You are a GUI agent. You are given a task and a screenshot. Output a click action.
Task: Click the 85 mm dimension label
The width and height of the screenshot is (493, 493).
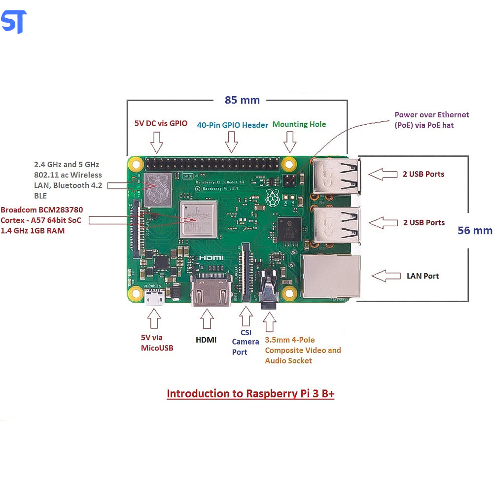coord(242,100)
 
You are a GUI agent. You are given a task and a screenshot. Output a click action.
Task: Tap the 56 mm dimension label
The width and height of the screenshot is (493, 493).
coord(474,230)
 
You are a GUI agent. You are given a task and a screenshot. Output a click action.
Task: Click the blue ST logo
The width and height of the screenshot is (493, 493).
coord(14,22)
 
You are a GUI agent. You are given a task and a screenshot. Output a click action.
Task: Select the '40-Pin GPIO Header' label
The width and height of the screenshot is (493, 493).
coord(233,125)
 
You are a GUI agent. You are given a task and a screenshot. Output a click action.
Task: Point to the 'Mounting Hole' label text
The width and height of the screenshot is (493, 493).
coord(299,124)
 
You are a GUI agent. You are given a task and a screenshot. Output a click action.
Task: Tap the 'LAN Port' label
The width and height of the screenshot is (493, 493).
coord(423,276)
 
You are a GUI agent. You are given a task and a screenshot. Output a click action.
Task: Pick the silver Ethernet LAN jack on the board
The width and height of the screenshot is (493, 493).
coord(330,276)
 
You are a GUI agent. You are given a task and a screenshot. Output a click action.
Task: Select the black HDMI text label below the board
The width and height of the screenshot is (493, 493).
coord(206,340)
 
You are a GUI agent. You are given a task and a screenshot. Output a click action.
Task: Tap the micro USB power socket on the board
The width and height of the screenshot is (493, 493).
coord(154,297)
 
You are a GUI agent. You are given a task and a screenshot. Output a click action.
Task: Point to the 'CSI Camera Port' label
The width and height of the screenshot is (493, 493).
coord(246,342)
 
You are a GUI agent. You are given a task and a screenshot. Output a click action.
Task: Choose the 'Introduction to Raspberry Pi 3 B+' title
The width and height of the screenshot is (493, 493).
coord(250,393)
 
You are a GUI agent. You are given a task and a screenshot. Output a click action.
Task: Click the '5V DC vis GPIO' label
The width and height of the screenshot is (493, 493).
coord(161,124)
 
